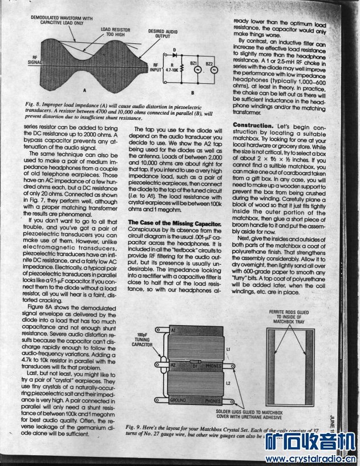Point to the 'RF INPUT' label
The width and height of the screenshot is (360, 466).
pyautogui.click(x=156, y=68)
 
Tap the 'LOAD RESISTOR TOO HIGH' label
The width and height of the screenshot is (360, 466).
pyautogui.click(x=114, y=31)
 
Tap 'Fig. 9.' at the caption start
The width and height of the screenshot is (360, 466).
pyautogui.click(x=136, y=427)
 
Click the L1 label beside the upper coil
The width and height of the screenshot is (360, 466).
pyautogui.click(x=228, y=348)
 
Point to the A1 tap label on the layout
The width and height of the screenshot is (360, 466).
pyautogui.click(x=173, y=330)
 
